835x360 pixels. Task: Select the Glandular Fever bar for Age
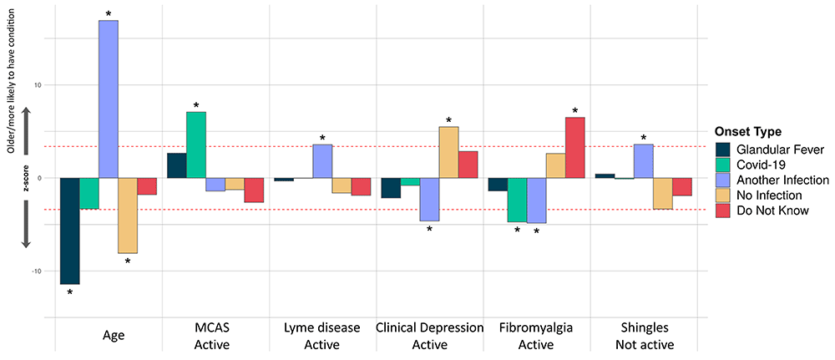point(70,231)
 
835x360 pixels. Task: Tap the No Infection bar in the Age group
point(128,215)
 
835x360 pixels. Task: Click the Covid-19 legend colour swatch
point(725,165)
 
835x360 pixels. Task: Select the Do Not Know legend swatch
point(725,210)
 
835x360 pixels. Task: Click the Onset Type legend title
point(748,131)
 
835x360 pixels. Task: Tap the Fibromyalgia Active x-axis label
point(535,336)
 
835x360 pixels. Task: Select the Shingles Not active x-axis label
point(643,336)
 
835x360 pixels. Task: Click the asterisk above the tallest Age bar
point(109,14)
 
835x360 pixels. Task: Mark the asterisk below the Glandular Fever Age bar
point(70,293)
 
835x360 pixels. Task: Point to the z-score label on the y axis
point(26,178)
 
